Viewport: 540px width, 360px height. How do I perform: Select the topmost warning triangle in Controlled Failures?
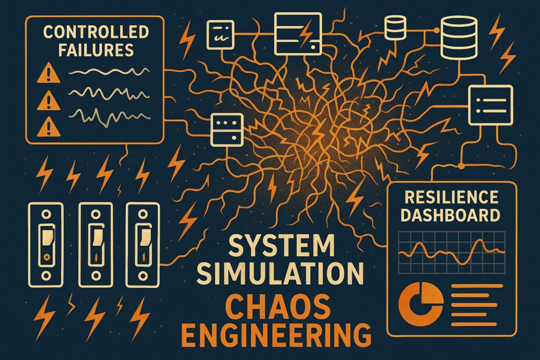[47, 76]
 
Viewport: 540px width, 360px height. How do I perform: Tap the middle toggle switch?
[95, 241]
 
